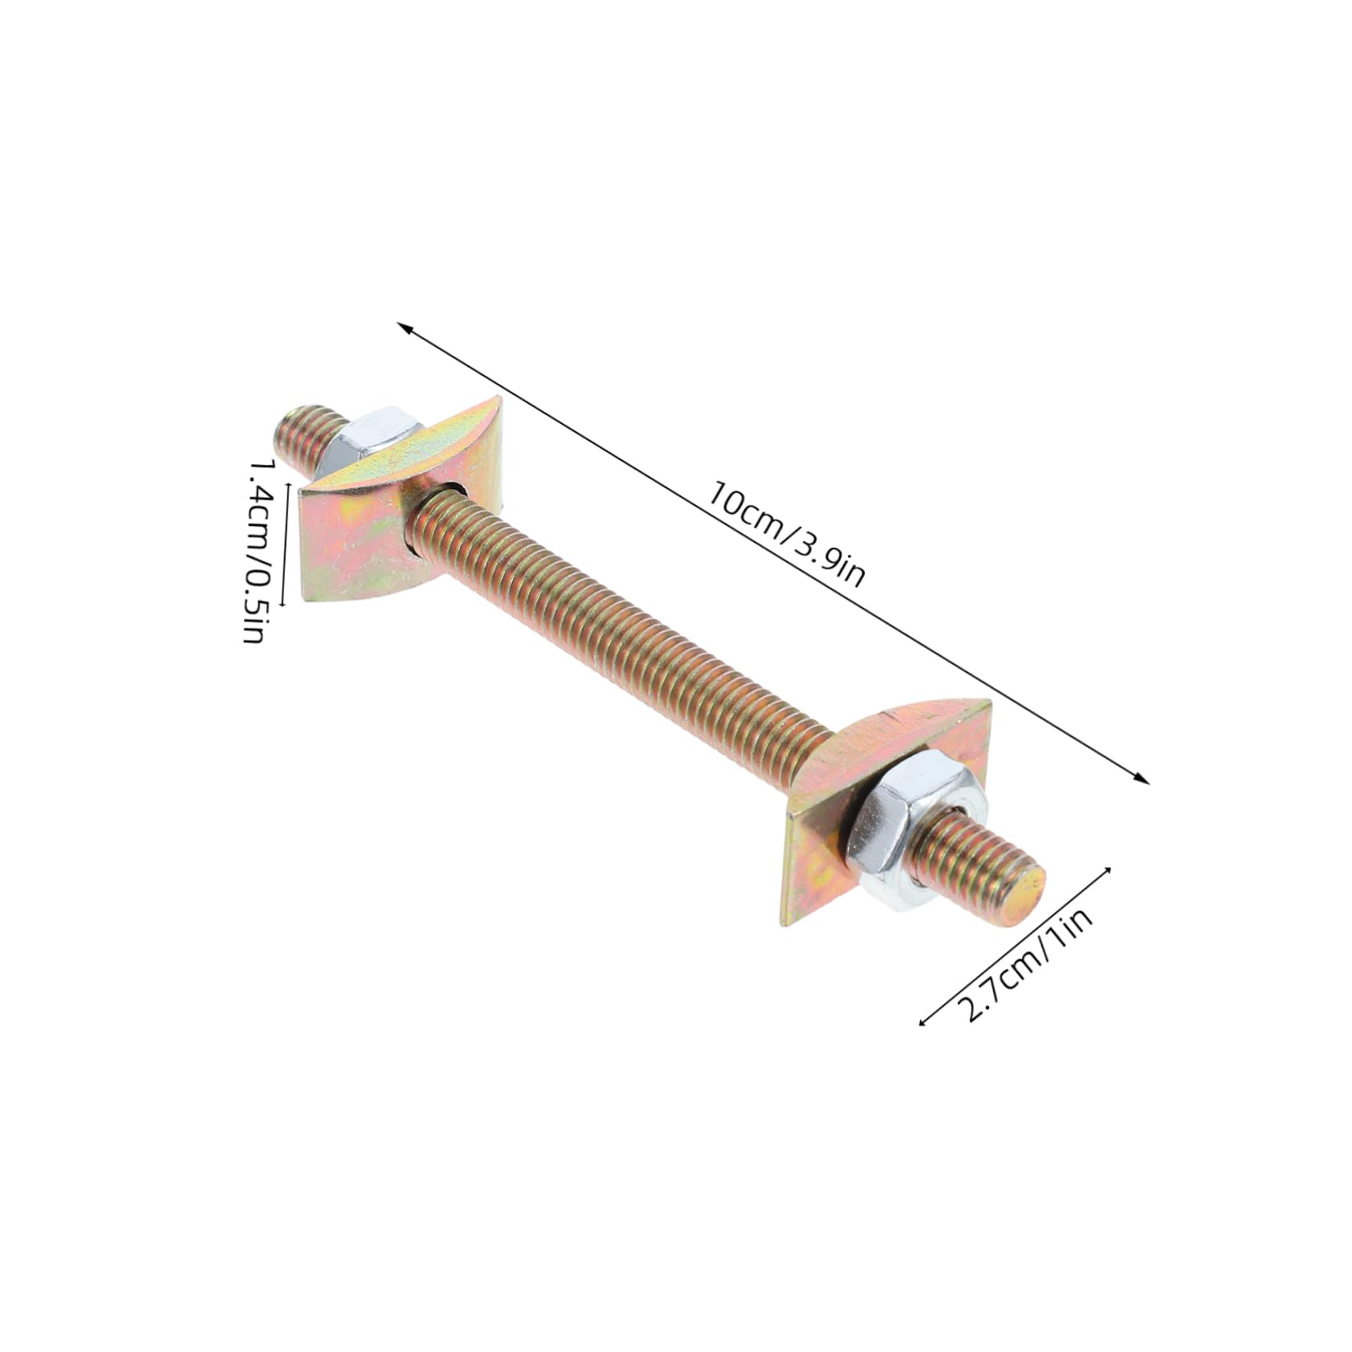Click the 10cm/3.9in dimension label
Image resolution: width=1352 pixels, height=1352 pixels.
tap(784, 533)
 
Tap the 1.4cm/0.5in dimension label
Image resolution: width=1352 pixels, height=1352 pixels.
tap(259, 551)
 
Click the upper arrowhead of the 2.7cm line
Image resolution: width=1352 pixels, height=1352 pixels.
tap(1110, 869)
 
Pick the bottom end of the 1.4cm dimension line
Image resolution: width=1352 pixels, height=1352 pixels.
tap(283, 604)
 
